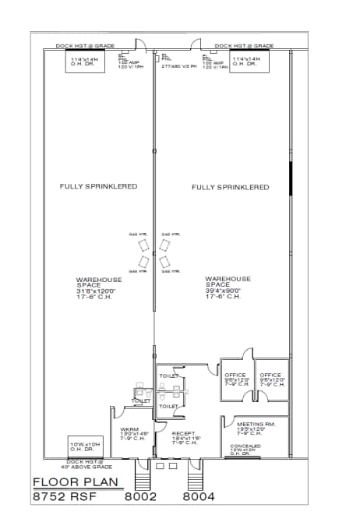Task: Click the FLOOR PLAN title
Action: tap(76, 481)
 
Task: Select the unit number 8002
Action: tap(141, 496)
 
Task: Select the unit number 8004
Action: tap(199, 496)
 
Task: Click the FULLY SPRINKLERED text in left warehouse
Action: tap(99, 186)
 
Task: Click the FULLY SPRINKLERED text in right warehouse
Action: tap(230, 187)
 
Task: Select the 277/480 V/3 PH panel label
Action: tap(178, 66)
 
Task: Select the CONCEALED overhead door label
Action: tap(245, 446)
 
